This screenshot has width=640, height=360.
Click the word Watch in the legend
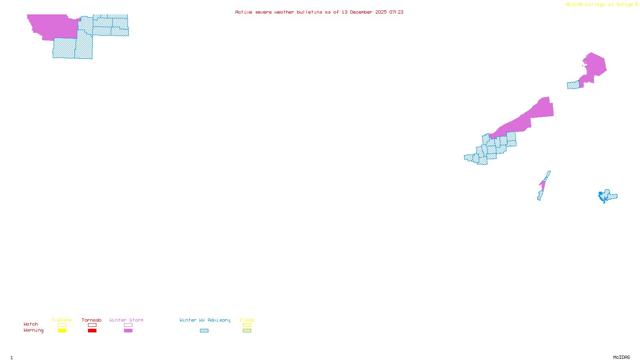coord(31,324)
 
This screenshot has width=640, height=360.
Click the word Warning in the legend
coord(34,330)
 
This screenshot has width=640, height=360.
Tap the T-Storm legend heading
coord(62,320)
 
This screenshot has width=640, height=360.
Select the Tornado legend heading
coord(92,320)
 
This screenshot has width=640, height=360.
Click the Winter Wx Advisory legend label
coord(205,320)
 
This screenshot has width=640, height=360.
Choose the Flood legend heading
coord(247,320)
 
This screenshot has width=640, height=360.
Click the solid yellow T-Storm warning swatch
coord(62,331)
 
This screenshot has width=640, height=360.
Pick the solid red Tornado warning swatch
coord(92,331)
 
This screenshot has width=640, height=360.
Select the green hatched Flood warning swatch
coord(247,331)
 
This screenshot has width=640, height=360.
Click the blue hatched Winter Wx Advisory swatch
coord(204,331)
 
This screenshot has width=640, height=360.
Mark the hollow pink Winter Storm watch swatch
coord(128,325)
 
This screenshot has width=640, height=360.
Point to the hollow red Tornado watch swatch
coord(92,325)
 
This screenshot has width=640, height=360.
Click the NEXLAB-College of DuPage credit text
coord(599,5)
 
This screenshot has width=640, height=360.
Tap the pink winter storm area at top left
coord(52,26)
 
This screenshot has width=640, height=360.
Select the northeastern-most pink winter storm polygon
coord(594,66)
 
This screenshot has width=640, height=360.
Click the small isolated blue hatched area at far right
coord(608,196)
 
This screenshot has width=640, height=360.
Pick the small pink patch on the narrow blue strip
coord(543,184)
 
